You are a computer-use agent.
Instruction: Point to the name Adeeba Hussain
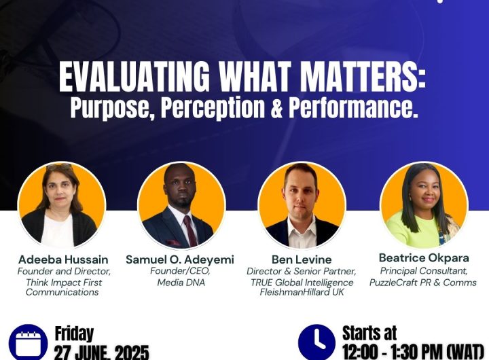point(62,259)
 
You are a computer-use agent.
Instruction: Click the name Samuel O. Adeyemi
point(181,259)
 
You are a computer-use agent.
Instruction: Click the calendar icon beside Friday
point(28,342)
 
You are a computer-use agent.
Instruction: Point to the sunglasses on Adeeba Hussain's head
point(60,167)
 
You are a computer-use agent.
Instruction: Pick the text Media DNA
point(181,282)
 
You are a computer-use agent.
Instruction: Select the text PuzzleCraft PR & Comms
point(422,282)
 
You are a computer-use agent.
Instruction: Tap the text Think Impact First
point(62,282)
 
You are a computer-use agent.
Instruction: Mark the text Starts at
point(369,334)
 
